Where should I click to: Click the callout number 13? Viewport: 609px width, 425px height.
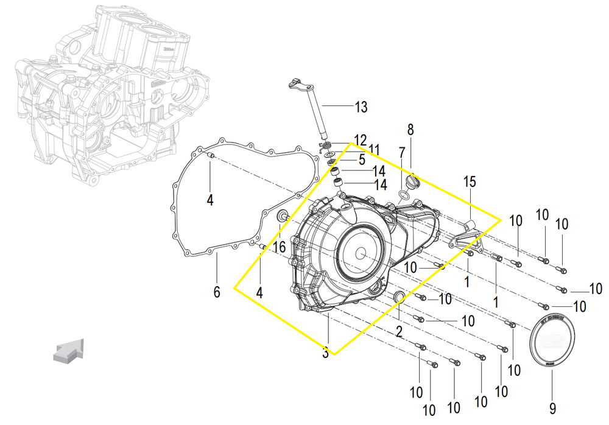(361, 108)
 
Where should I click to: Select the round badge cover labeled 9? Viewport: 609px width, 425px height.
(553, 342)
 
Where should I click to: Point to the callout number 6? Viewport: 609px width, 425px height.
(216, 292)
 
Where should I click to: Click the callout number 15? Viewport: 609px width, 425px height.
(469, 181)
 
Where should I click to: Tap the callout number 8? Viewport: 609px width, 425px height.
(410, 130)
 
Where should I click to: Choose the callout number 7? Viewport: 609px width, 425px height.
(402, 153)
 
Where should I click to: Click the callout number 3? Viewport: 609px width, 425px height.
(325, 353)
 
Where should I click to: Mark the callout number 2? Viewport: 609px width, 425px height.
(399, 332)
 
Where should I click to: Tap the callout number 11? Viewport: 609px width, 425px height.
(373, 150)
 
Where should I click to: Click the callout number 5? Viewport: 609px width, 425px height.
(361, 160)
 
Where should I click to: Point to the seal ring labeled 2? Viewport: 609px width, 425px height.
(399, 297)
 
